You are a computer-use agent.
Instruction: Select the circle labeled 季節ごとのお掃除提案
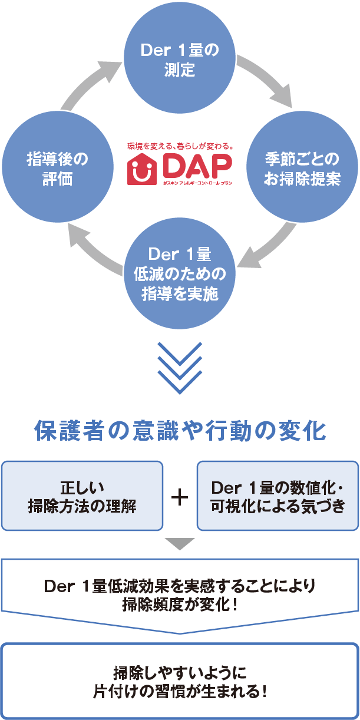[302, 167]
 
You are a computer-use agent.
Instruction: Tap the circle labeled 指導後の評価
[58, 167]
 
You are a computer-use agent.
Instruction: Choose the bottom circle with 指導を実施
[180, 273]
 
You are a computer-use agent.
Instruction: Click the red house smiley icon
[141, 169]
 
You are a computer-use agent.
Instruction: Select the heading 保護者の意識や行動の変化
[180, 431]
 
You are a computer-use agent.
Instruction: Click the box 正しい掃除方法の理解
[82, 496]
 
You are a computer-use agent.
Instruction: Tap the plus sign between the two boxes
[180, 498]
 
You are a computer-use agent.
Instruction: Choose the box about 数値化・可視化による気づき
[278, 496]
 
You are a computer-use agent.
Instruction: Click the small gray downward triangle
[180, 544]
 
